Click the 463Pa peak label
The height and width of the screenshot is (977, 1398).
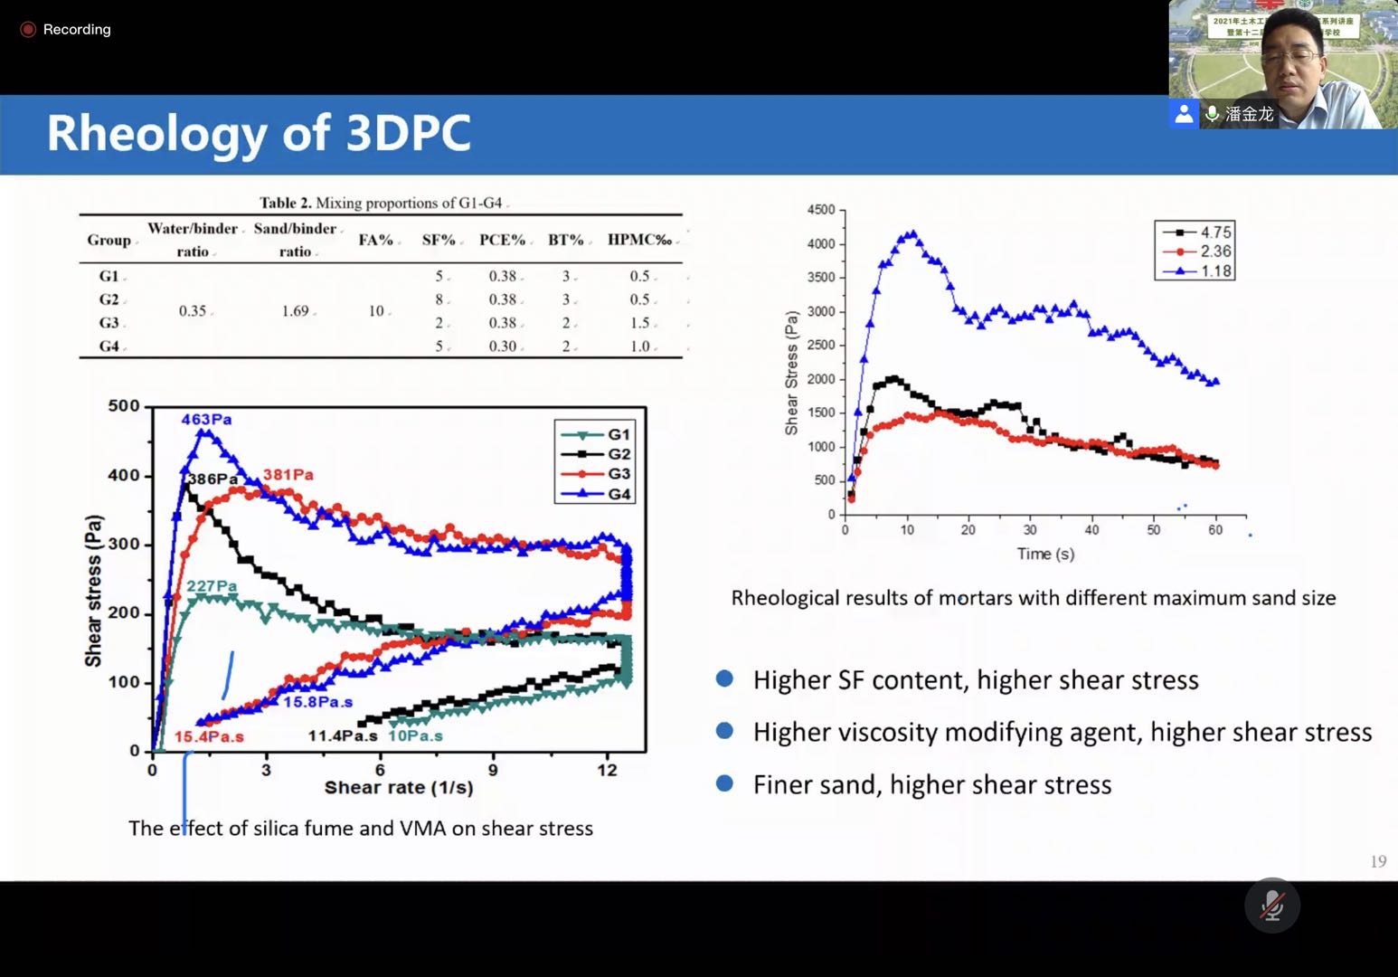coord(206,420)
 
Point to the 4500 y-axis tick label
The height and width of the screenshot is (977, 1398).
coord(820,210)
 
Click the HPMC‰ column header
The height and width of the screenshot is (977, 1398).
coord(639,240)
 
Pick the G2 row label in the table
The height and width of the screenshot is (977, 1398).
coord(109,299)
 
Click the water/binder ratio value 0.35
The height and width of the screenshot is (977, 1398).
coord(192,311)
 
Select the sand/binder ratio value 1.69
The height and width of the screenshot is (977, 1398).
coord(295,311)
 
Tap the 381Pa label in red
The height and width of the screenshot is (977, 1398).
coord(288,475)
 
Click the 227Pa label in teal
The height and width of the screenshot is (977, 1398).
coord(212,586)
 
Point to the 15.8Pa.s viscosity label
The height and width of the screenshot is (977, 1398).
coord(317,702)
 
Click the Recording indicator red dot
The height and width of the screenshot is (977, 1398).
coord(28,30)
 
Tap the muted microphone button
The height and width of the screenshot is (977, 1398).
coord(1271,905)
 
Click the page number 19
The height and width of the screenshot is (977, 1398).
coord(1378,861)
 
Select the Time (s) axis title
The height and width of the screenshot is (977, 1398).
coord(1045,554)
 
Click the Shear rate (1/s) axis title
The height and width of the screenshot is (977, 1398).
coord(399,788)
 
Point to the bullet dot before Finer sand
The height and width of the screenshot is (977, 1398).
coord(724,783)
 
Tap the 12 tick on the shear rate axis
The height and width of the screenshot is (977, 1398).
coord(607,770)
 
